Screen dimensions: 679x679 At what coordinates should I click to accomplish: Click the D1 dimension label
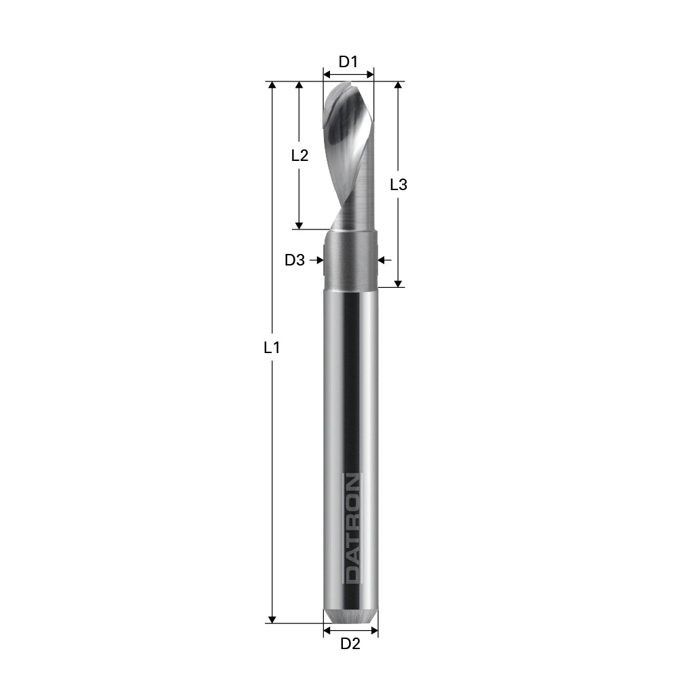pos(348,62)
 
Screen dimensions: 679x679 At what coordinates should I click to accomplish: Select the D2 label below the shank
pos(350,644)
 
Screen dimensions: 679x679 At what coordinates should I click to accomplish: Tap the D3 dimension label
pos(295,259)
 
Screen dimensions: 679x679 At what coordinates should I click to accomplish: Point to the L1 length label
pos(272,348)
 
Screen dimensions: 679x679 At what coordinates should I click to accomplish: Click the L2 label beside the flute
pos(299,155)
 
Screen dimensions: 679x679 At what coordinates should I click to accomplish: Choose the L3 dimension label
pos(399,184)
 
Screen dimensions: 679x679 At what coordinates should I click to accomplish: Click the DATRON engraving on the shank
pos(352,528)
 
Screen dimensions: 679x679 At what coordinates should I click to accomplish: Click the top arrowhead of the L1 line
pos(272,86)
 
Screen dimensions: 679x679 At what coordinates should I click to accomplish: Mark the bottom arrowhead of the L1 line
pos(272,619)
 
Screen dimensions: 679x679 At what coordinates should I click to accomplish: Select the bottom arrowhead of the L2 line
pos(299,225)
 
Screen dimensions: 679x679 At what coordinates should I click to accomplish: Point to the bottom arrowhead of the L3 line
pos(399,282)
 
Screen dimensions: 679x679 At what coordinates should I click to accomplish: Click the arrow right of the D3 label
pos(317,259)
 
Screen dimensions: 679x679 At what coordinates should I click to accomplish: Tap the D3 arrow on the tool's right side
pos(383,259)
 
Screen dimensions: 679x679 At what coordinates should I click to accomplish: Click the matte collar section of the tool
pos(350,261)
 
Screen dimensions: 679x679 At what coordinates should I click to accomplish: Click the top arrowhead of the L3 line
pos(399,86)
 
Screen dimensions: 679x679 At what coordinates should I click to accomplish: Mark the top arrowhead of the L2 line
pos(299,86)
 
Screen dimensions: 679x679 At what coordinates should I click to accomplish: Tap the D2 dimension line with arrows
pos(350,631)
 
